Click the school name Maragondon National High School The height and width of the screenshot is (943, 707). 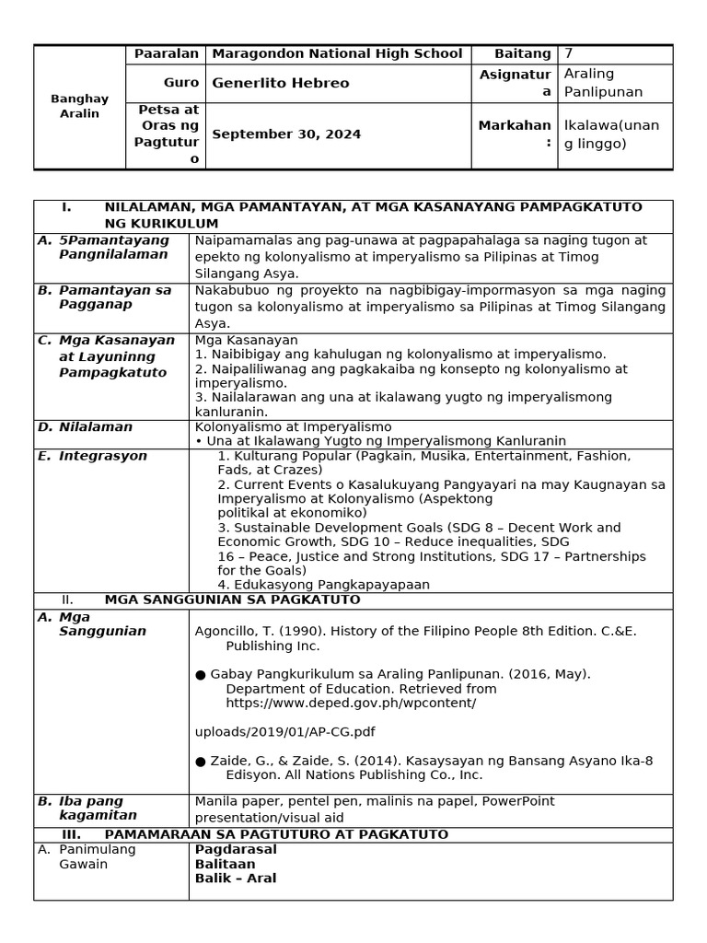click(x=337, y=54)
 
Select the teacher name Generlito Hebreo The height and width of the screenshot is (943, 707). click(x=281, y=84)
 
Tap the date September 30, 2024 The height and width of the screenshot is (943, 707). click(x=286, y=134)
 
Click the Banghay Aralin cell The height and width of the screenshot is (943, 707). click(x=79, y=106)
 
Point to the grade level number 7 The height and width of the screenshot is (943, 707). click(x=568, y=54)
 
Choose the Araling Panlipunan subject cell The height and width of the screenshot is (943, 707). click(x=604, y=83)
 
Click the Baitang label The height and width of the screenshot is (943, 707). click(x=523, y=54)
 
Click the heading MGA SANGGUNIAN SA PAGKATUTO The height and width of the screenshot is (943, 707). click(x=232, y=600)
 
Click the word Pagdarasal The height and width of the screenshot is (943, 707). click(x=236, y=849)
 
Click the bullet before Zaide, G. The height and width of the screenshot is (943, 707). click(x=201, y=761)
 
